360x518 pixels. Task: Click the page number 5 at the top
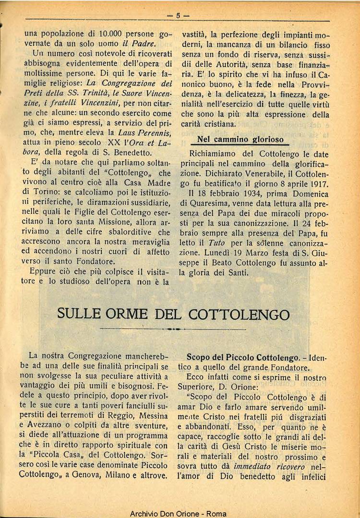tap(178, 15)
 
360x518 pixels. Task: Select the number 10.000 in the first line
tap(113, 34)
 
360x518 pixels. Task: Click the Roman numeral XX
tap(114, 142)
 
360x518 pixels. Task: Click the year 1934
tap(246, 194)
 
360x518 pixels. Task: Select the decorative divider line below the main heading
tap(173, 330)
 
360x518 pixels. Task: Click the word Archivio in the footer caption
tap(145, 513)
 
